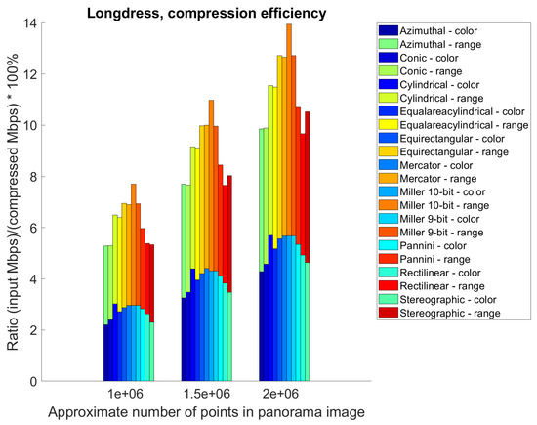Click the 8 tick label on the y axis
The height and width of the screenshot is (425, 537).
(34, 177)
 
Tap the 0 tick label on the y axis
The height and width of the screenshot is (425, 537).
(34, 382)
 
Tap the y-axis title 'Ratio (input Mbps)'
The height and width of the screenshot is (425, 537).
(13, 201)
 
